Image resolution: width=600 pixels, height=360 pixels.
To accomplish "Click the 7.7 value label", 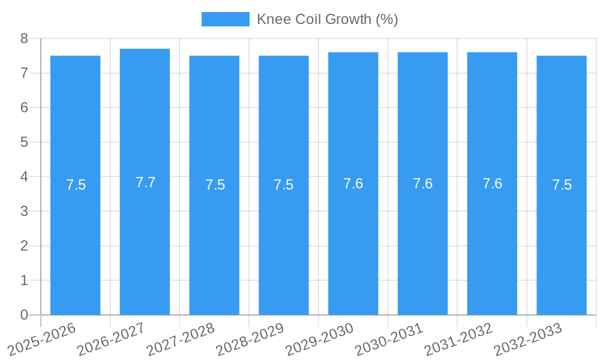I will [145, 182].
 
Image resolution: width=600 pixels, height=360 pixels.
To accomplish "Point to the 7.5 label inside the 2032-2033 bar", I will [562, 185].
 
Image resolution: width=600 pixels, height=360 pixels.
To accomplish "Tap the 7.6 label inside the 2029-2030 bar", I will [353, 184].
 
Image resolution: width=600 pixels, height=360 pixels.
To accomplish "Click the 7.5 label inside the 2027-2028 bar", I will [215, 185].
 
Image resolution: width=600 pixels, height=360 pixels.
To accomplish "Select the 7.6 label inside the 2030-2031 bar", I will [422, 184].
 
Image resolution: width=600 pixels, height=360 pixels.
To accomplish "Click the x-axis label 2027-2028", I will [181, 340].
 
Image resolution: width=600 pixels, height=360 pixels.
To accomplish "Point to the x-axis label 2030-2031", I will [389, 340].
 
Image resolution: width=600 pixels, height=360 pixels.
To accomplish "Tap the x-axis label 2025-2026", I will [42, 340].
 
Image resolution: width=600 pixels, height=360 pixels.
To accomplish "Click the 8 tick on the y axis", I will [24, 38].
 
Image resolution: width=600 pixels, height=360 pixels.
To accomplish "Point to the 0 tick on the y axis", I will [24, 315].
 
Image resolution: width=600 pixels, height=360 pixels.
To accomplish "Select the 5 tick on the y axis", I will [24, 142].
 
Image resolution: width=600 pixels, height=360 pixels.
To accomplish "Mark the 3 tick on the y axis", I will [24, 211].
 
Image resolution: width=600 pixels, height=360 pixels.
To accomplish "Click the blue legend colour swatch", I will [225, 19].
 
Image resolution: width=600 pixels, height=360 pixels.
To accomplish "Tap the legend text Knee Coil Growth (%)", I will [327, 19].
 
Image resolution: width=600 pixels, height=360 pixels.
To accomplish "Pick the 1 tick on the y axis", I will [24, 280].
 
